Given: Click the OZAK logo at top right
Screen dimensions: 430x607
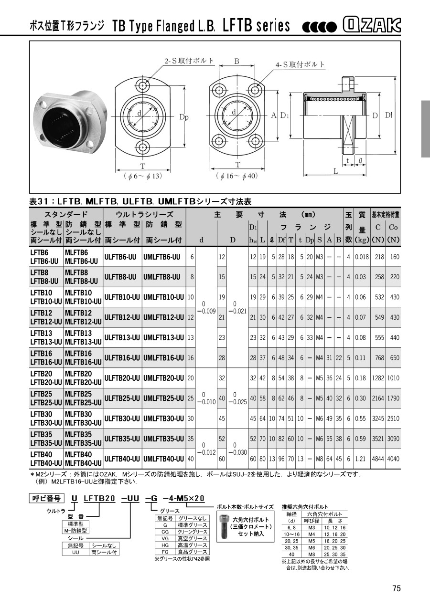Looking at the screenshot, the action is (372, 25).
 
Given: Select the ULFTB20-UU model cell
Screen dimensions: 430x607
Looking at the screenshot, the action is (122, 378).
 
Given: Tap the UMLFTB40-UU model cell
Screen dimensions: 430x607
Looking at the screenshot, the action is (163, 459).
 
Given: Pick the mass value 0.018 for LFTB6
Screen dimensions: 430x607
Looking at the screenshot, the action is (362, 257).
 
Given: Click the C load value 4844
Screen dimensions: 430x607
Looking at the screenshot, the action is (378, 459).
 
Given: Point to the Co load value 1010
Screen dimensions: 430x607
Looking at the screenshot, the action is (393, 378).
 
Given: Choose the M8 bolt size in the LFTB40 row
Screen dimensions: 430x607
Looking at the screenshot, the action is (319, 459).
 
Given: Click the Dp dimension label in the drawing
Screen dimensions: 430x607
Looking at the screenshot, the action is (184, 117).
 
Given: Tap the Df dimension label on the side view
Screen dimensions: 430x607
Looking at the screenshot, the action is (389, 115).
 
